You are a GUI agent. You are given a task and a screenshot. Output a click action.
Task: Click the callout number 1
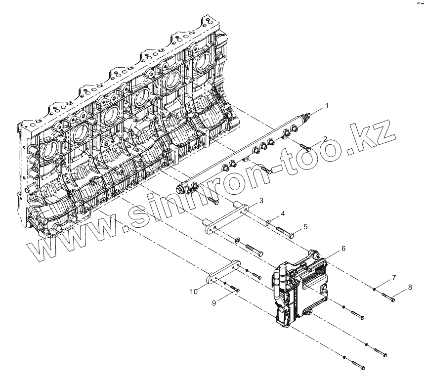point(326,106)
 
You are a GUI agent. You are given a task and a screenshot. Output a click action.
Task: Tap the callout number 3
point(261,201)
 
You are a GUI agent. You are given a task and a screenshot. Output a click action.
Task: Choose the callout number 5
point(305,227)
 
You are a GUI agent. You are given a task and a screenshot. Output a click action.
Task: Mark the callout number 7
point(393,278)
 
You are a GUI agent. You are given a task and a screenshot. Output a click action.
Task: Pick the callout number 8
point(409,287)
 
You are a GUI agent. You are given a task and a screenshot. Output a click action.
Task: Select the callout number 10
point(194,292)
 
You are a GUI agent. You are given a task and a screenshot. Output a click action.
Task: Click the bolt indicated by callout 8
point(387,296)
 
